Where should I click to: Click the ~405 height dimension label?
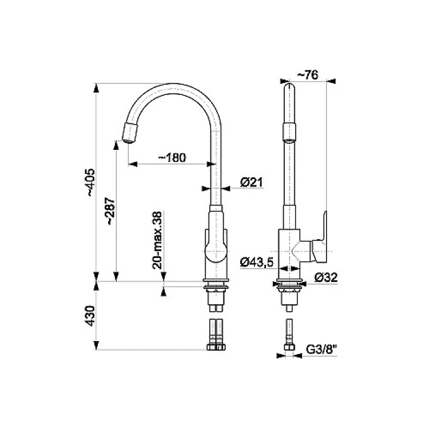(x=91, y=182)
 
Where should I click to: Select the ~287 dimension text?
(x=110, y=211)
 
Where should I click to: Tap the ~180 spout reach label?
(x=172, y=157)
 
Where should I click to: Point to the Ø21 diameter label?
(x=252, y=182)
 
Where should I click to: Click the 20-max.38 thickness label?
(x=158, y=240)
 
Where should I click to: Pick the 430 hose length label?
(x=90, y=316)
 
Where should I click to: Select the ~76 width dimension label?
(x=308, y=75)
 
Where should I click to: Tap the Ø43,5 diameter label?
(x=257, y=263)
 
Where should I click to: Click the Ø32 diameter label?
(x=326, y=277)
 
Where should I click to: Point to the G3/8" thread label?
(x=321, y=349)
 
